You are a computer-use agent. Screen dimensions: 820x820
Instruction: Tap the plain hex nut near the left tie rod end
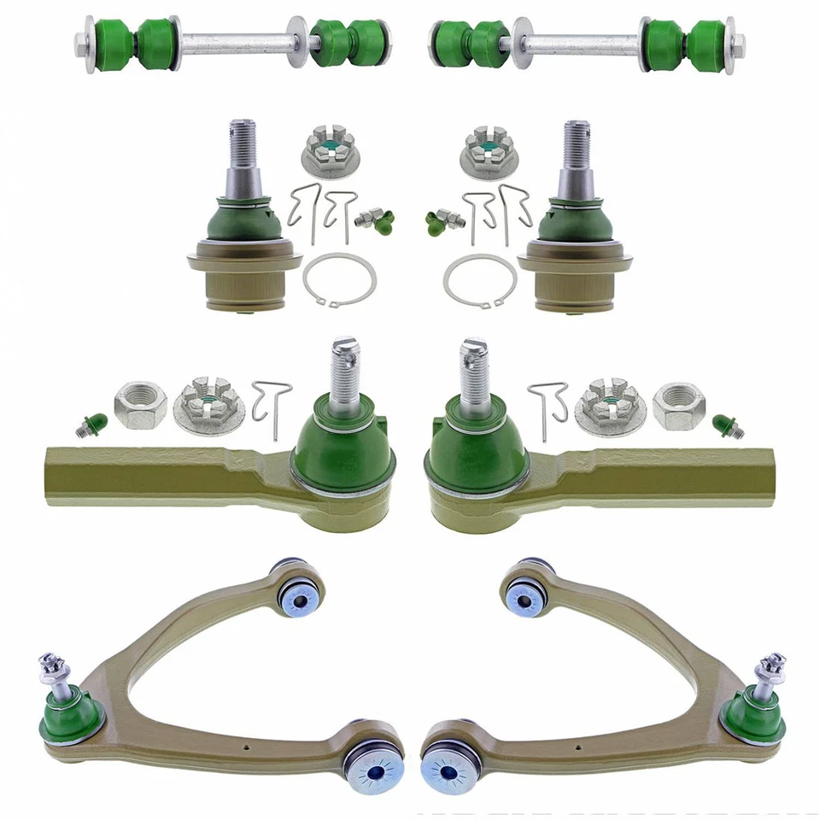coord(140,405)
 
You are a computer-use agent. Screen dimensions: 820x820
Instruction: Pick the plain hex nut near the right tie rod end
coord(678,405)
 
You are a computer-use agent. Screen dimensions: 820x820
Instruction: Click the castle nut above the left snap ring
coord(329,151)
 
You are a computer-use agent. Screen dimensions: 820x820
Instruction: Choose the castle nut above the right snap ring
coord(488,151)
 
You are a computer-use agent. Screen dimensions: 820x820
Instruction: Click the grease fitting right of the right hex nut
coord(727,424)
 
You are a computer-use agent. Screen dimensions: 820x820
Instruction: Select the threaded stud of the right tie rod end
coord(473,367)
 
